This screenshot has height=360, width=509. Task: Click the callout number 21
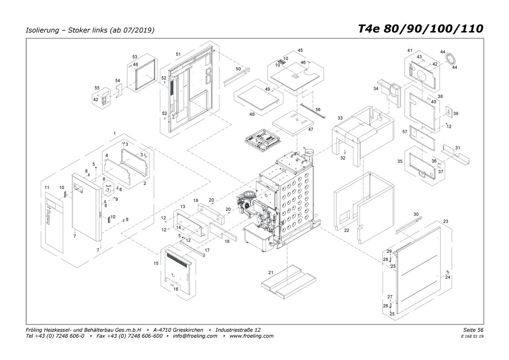point(271,273)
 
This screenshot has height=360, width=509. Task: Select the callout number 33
point(340,118)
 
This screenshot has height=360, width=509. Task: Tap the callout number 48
point(252,114)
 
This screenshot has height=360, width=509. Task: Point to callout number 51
point(178,54)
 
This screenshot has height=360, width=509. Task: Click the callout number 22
point(347,230)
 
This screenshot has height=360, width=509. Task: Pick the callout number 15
point(156,263)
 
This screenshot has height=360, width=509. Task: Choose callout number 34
point(376,88)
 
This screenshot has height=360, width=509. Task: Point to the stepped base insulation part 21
point(288,281)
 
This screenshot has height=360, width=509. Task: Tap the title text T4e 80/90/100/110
point(421,29)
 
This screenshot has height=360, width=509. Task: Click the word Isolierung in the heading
point(42,30)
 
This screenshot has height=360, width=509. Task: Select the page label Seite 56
point(473,330)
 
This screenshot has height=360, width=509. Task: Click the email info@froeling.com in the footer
point(195,336)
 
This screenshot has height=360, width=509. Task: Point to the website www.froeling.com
point(252,336)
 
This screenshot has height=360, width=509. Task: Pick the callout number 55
point(97,88)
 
